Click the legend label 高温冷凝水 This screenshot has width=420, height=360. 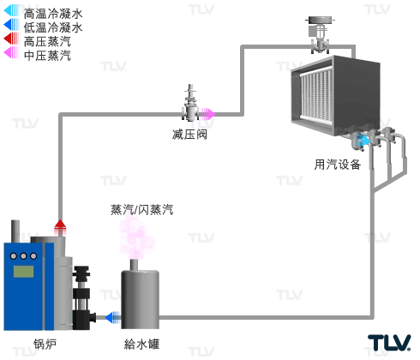53,14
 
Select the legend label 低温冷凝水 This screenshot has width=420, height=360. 53,27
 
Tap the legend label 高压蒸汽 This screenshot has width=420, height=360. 47,41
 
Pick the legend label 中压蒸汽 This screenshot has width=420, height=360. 47,56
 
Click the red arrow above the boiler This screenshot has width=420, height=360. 60,227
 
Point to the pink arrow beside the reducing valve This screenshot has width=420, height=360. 207,114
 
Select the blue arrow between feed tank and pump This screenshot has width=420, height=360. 112,317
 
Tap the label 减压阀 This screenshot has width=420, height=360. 189,135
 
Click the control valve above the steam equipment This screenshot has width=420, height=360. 320,35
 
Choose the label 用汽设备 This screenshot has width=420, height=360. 338,165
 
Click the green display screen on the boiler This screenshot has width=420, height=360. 23,272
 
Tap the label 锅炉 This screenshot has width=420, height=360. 45,344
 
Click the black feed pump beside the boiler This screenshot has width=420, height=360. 83,297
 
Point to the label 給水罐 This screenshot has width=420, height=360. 141,344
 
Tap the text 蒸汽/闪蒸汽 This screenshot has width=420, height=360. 142,209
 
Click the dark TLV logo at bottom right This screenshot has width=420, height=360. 389,343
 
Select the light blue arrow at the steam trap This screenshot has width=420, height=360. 363,141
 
